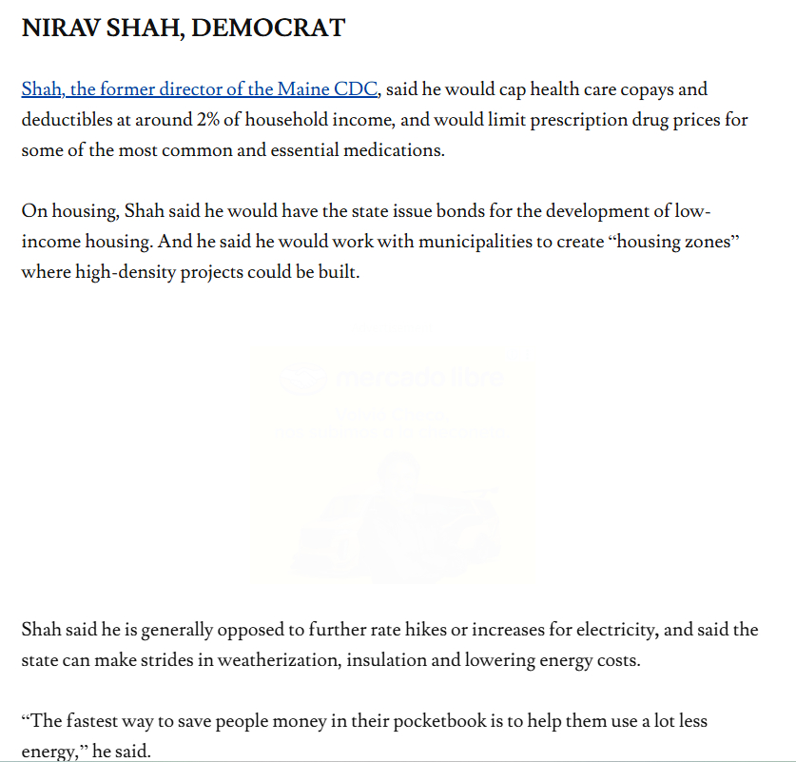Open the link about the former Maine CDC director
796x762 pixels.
click(x=201, y=90)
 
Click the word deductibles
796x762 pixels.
click(x=68, y=120)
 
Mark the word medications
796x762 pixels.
click(x=393, y=150)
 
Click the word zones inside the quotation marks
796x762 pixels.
click(x=705, y=241)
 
